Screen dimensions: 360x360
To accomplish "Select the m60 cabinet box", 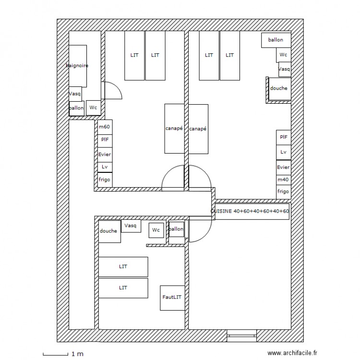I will tap(105, 127).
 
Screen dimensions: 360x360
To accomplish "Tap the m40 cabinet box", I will tap(283, 180).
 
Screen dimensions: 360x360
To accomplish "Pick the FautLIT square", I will tap(172, 298).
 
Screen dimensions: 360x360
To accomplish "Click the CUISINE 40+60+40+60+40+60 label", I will tap(250, 211).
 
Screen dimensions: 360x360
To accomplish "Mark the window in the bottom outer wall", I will tap(241, 335).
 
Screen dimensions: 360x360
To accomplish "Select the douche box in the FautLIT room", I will tap(108, 231).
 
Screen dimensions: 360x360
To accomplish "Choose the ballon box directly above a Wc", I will tap(276, 40).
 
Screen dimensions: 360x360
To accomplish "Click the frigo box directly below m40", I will tap(283, 192).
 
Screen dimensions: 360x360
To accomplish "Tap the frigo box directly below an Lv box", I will tap(105, 180).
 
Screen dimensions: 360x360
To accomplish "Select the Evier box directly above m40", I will tap(283, 168).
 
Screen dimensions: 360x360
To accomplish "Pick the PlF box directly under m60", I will tap(105, 140).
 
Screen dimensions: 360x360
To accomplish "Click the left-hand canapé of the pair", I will tap(174, 129).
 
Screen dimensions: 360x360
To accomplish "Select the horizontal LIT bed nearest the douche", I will tap(123, 266).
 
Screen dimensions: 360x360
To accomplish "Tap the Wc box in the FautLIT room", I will tap(156, 230).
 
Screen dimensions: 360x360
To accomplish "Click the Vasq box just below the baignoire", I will tap(75, 94).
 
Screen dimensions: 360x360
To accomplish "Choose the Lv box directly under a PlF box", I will tap(283, 152).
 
